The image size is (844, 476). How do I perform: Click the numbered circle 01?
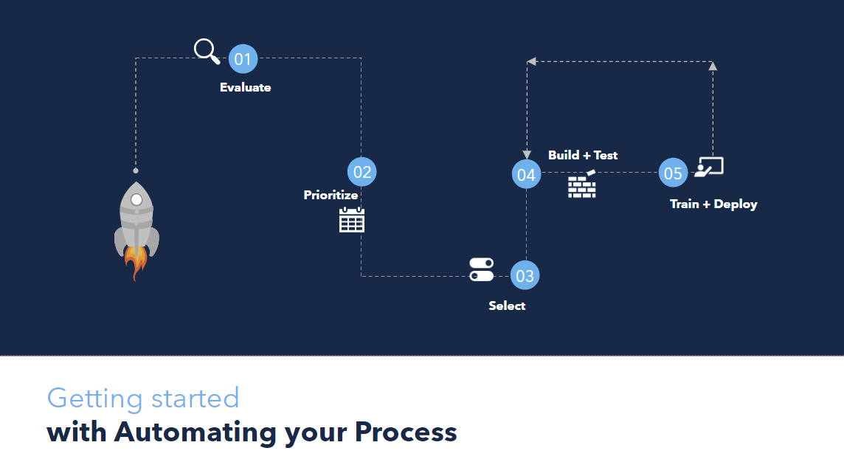[x=243, y=59]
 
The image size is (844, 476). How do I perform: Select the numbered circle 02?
[x=362, y=172]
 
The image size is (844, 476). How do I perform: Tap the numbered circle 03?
[x=525, y=275]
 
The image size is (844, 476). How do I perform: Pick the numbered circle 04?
[x=527, y=174]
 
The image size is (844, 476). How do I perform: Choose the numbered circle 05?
[x=673, y=173]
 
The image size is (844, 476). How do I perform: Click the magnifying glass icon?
[x=207, y=51]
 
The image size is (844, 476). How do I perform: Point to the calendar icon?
[x=352, y=220]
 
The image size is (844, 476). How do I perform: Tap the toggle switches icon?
[x=481, y=269]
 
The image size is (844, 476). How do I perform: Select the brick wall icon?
[x=582, y=184]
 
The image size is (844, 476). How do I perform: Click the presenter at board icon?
[x=709, y=167]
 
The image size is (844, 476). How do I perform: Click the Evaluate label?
[x=246, y=87]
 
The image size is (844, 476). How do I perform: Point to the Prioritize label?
[x=331, y=195]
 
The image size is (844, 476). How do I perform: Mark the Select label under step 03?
[x=507, y=306]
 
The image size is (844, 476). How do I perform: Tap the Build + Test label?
[x=583, y=155]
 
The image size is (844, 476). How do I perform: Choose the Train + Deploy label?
[x=713, y=204]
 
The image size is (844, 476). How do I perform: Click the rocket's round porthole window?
[x=136, y=200]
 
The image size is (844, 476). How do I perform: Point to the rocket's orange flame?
[x=136, y=262]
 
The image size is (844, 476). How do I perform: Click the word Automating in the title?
[x=195, y=432]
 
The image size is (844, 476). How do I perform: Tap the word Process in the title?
[x=406, y=432]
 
